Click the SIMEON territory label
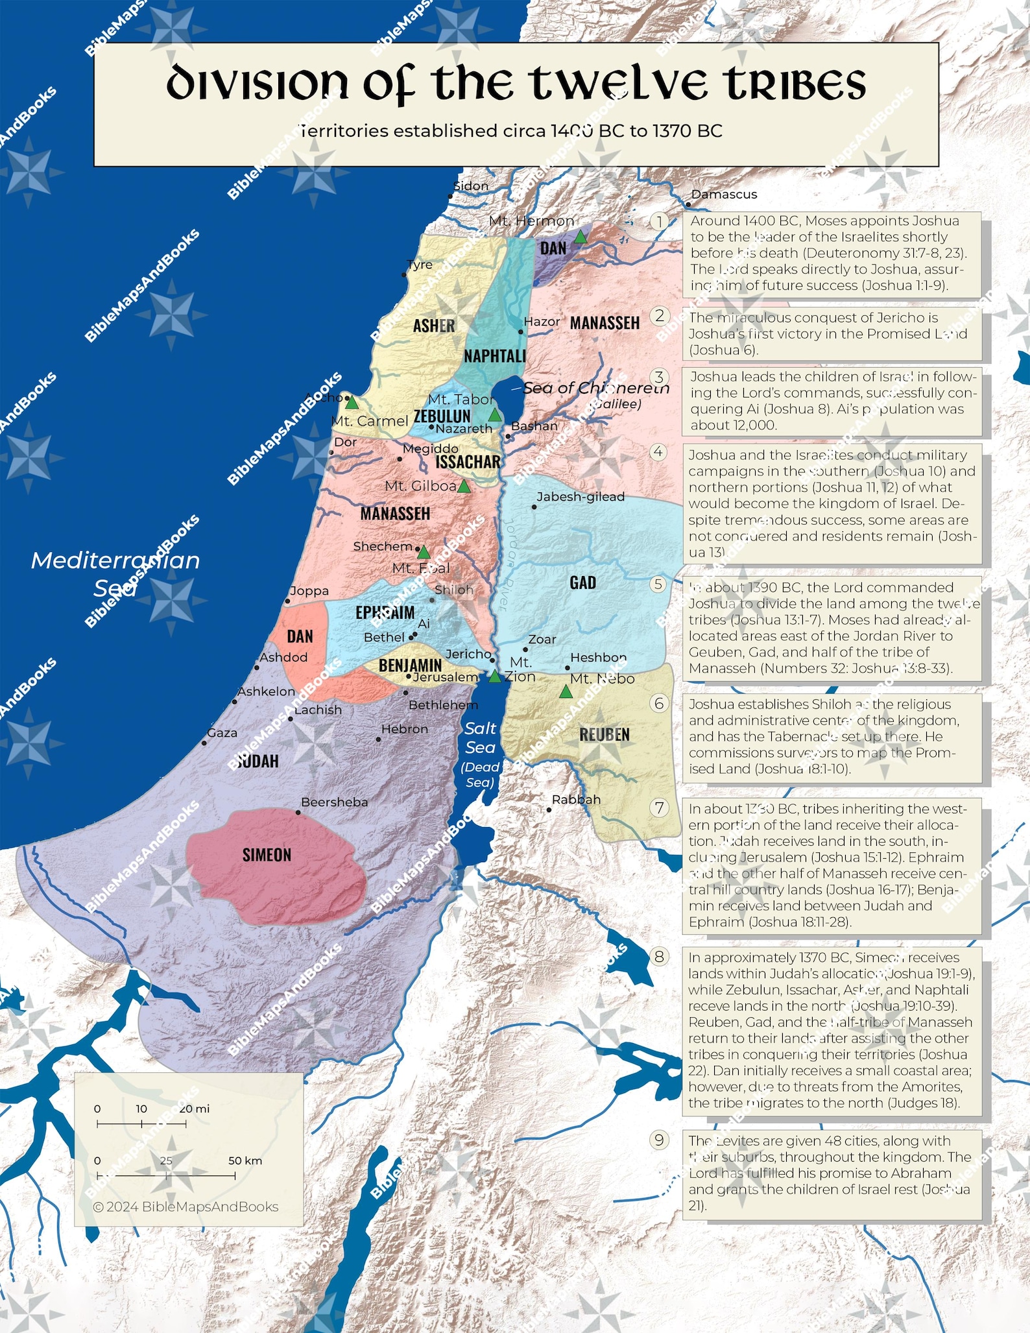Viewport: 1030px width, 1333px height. [267, 855]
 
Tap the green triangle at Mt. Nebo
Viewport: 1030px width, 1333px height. [566, 692]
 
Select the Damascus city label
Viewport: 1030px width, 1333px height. [724, 194]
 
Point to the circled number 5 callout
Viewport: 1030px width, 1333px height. [658, 584]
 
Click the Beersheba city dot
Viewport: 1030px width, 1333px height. [298, 812]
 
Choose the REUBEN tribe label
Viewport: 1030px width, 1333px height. [604, 734]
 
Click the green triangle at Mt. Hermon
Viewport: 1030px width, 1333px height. [581, 237]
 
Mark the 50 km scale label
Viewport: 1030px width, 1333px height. [245, 1160]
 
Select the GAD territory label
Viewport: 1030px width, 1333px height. [582, 582]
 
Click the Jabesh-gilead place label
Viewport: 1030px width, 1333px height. [581, 497]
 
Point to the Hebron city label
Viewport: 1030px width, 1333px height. [405, 729]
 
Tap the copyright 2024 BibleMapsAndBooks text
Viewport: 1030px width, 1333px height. [186, 1207]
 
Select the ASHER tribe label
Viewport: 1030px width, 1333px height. [433, 326]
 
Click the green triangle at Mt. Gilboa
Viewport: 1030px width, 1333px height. [464, 486]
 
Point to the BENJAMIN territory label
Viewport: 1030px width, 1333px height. [410, 665]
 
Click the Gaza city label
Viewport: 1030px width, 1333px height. [222, 733]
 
